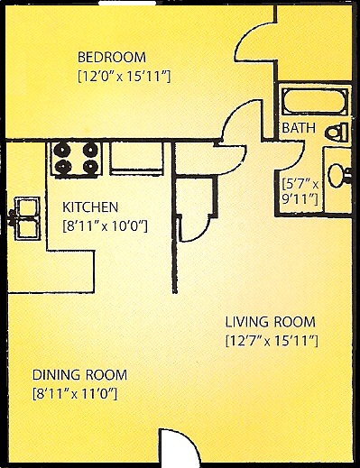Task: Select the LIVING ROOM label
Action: coord(270,322)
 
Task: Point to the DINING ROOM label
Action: coord(79,374)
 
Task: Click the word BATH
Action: coord(299,129)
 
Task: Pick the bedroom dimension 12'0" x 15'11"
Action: coord(123,76)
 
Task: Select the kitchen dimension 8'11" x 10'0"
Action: coord(105,225)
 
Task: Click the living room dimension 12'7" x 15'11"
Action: coord(271,341)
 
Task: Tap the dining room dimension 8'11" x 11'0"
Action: coord(75,393)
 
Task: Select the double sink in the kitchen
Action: coord(24,219)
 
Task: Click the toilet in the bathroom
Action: coord(336,131)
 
